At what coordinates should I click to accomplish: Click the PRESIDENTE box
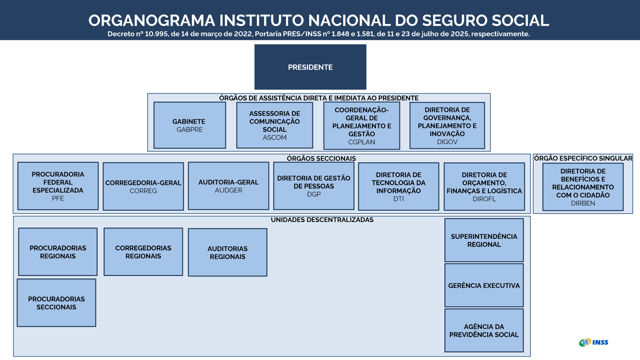[310, 67]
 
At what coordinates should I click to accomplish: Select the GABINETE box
[190, 125]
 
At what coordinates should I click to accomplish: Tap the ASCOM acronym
[274, 138]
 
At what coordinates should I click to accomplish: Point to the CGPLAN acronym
[362, 142]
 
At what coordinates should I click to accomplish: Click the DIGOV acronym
[447, 142]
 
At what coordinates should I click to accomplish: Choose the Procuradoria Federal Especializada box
[58, 186]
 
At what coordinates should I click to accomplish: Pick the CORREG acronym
[143, 191]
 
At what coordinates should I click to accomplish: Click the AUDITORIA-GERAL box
[228, 186]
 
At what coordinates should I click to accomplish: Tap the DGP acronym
[314, 194]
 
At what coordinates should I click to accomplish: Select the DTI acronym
[398, 199]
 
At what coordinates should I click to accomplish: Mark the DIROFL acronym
[484, 199]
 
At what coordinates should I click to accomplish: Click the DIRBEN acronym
[583, 203]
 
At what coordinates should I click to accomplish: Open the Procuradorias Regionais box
[58, 252]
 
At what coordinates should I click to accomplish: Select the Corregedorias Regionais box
[143, 252]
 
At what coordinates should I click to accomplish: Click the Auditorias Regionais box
[228, 252]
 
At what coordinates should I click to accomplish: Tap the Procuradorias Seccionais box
[56, 303]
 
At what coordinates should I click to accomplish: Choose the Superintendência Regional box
[484, 240]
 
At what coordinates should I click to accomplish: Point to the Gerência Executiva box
[484, 286]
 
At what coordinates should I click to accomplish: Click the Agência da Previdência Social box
[484, 330]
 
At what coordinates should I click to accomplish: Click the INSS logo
[594, 342]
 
